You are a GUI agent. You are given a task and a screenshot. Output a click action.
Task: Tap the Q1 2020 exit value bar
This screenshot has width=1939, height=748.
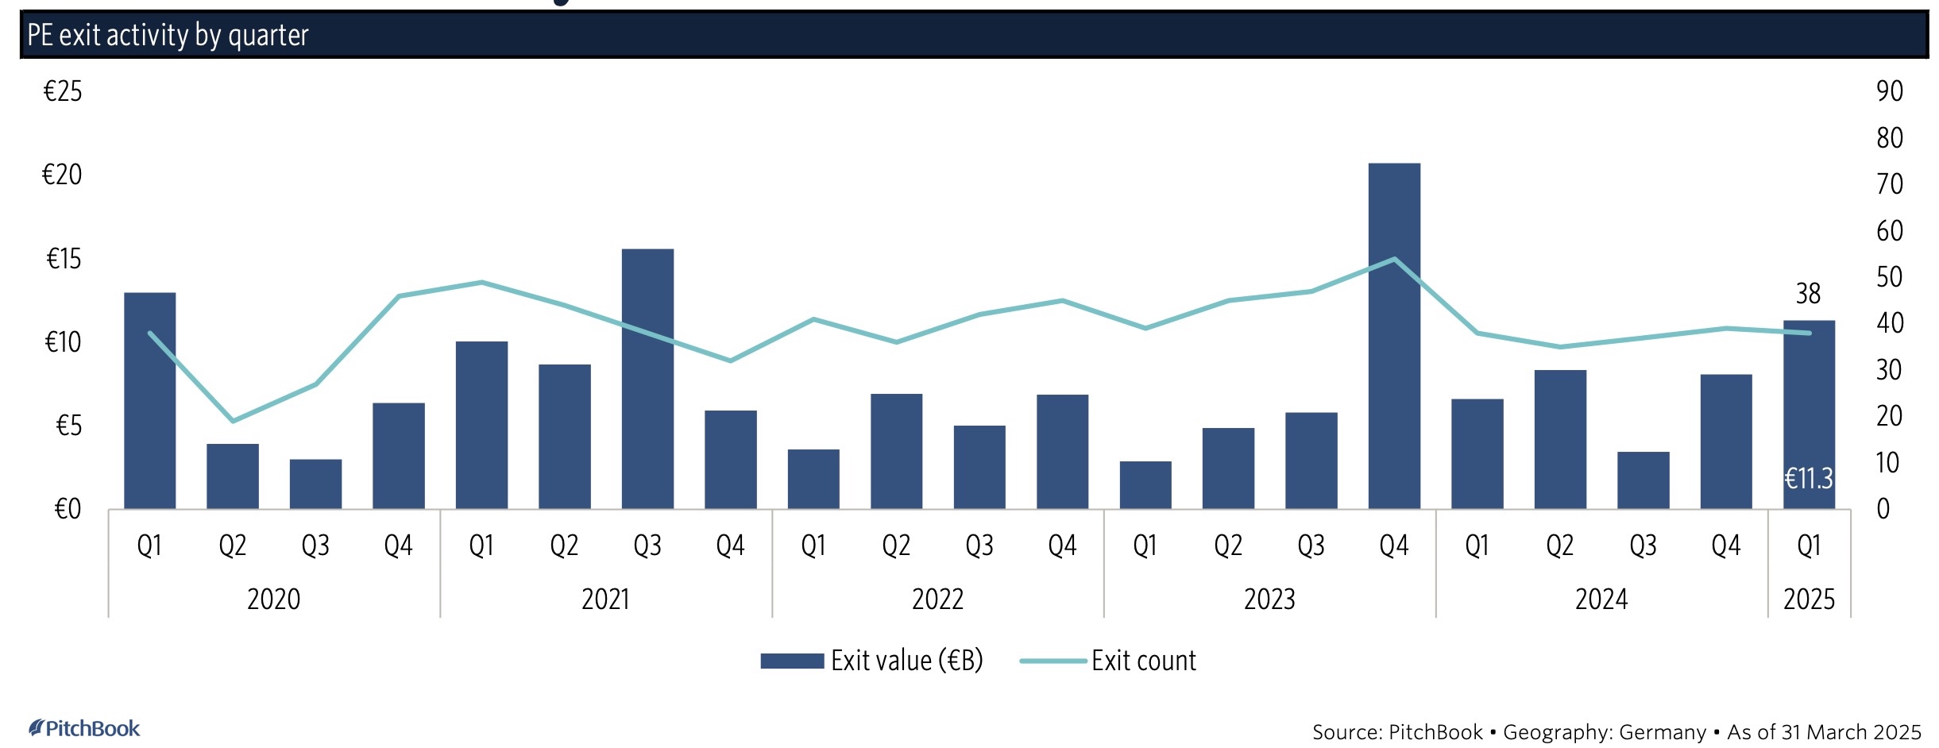(x=149, y=401)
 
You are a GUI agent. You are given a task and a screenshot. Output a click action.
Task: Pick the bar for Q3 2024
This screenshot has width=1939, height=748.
(x=1643, y=480)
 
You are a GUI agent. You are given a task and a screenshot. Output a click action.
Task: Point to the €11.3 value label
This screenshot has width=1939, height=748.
(x=1808, y=478)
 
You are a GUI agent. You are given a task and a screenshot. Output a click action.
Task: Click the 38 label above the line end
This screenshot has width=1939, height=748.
(x=1808, y=294)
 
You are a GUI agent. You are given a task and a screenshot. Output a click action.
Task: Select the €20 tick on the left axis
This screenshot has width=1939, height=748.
(x=62, y=175)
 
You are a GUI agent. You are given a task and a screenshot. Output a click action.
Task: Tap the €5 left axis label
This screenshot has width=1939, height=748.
(x=68, y=426)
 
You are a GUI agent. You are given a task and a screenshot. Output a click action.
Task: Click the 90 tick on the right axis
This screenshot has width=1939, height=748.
(x=1889, y=91)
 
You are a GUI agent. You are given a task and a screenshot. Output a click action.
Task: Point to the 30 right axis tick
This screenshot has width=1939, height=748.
(x=1889, y=370)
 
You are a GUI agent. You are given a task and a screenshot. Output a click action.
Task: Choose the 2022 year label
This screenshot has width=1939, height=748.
(x=937, y=599)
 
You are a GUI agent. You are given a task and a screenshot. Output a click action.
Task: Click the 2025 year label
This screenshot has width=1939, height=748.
(x=1809, y=599)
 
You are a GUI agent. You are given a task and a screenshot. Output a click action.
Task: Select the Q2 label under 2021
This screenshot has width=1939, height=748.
(x=564, y=546)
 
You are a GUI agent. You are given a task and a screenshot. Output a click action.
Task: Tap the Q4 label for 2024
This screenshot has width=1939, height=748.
(x=1725, y=546)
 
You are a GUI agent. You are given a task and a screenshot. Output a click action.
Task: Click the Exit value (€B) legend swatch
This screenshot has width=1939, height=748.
(x=791, y=661)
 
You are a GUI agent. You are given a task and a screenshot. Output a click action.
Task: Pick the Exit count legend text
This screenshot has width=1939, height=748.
(x=1143, y=661)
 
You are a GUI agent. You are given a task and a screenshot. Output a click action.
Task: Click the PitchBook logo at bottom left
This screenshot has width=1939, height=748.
(x=84, y=728)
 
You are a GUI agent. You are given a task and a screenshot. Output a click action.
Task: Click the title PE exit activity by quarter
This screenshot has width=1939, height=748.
(x=168, y=35)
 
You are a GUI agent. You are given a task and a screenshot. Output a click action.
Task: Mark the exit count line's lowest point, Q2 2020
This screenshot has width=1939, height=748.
(x=233, y=420)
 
